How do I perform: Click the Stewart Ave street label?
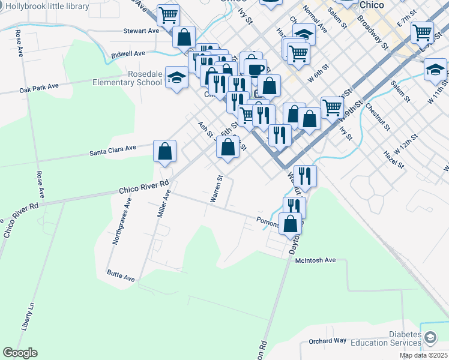coord(141,31)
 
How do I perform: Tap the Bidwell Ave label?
coord(128,54)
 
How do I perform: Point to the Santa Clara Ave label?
coord(113,148)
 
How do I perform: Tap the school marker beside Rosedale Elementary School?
coord(176,77)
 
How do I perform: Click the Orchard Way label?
coord(327,341)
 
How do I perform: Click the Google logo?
coord(20,353)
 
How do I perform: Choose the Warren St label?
coord(217,188)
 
